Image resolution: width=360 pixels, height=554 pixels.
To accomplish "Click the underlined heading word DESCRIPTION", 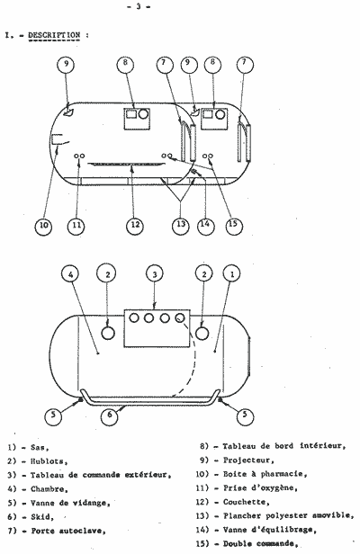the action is [x=54, y=35].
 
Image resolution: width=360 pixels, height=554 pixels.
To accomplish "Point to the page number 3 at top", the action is [x=139, y=6].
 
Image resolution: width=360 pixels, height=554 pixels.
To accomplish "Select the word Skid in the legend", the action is [x=41, y=517].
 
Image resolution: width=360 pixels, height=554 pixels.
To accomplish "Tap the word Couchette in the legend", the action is [x=246, y=502].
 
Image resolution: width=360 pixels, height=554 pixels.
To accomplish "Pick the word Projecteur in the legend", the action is [x=248, y=460].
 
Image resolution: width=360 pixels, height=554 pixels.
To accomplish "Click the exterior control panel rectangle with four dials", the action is [x=157, y=328].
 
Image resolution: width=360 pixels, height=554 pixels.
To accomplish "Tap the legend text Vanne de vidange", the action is [x=70, y=503].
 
